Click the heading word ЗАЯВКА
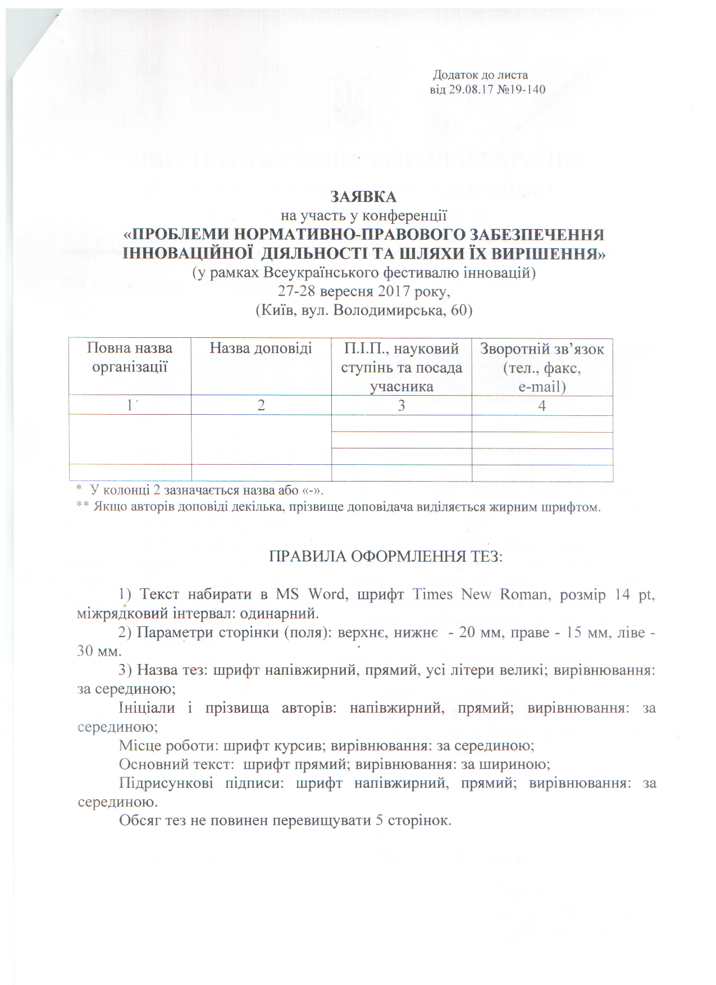[x=363, y=197]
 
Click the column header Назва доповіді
[x=261, y=349]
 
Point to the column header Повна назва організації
[x=130, y=358]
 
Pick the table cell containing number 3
[x=401, y=406]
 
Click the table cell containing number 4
[x=542, y=406]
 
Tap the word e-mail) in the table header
[x=542, y=387]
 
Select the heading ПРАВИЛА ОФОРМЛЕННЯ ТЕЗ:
[x=386, y=556]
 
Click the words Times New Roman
[x=480, y=594]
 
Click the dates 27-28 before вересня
[x=297, y=291]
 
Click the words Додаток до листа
[x=481, y=75]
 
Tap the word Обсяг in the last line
[x=138, y=821]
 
